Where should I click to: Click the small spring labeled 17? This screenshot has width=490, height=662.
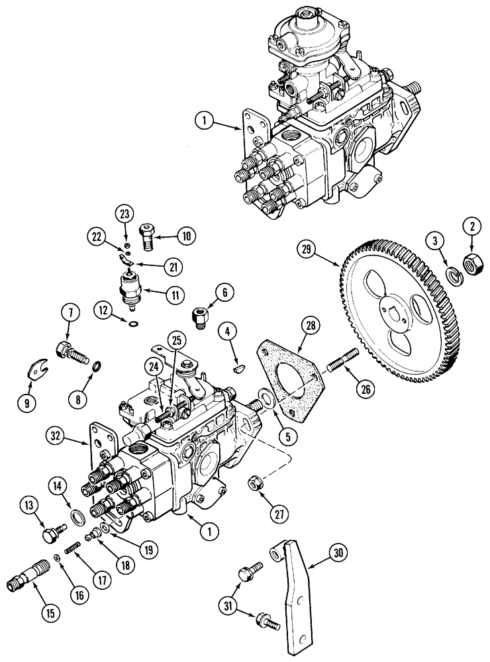tap(72, 549)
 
